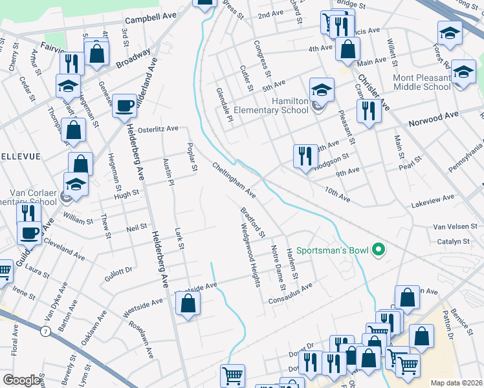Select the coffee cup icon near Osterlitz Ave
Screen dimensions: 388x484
(124, 105)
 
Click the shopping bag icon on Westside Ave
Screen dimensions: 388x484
(188, 303)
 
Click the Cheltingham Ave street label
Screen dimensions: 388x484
(234, 180)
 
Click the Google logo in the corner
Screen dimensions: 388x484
(21, 380)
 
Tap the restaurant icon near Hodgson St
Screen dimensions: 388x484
(305, 156)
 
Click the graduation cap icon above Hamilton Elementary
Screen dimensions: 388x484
(321, 90)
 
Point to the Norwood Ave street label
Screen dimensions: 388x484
(432, 119)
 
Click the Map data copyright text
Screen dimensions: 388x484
(456, 383)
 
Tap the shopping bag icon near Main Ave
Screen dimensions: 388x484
(348, 48)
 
